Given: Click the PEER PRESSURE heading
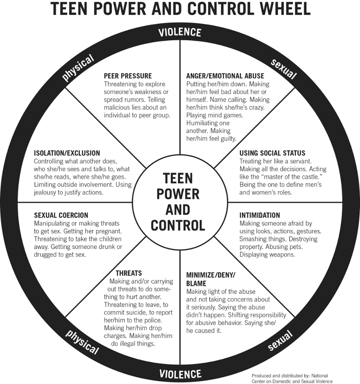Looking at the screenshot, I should [x=128, y=76].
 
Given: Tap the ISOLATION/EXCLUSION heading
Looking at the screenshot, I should [x=67, y=153].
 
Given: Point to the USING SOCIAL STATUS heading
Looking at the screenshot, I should [x=272, y=153].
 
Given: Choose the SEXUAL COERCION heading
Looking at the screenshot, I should [x=61, y=215].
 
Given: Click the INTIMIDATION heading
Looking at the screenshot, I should [x=260, y=215].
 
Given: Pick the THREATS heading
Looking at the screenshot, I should [x=128, y=273].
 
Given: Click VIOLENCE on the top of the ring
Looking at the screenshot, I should [x=180, y=32].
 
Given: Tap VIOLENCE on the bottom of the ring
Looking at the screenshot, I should [x=180, y=374].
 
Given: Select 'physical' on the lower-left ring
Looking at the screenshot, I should [x=82, y=341].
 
